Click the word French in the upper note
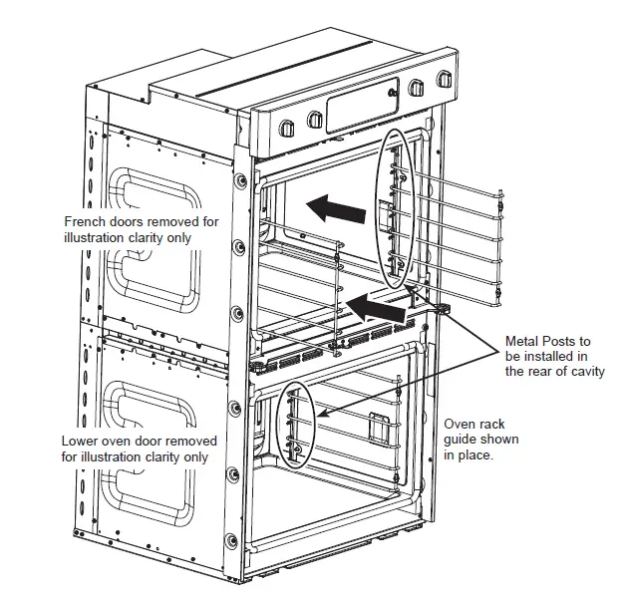coord(86,222)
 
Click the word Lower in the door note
coord(80,441)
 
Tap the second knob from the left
coord(316,121)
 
